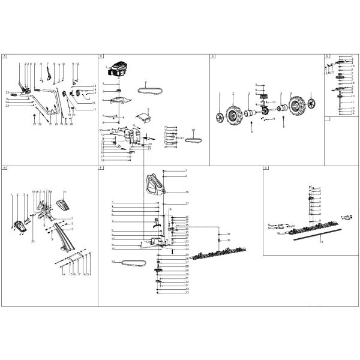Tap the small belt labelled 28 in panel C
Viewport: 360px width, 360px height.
click(194, 140)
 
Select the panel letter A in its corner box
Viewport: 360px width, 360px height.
click(4, 56)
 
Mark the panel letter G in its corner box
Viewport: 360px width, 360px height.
click(266, 169)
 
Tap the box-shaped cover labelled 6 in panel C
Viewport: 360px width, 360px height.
click(143, 118)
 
